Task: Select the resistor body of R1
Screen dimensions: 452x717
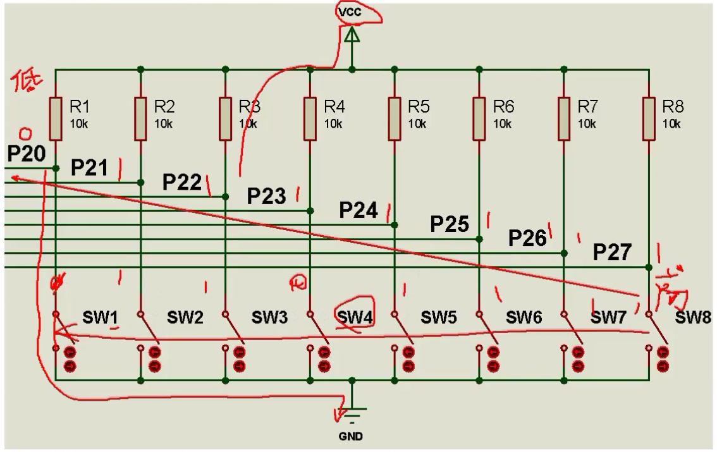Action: point(56,118)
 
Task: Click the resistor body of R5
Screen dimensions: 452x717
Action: point(395,118)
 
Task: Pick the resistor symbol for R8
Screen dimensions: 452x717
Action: point(649,118)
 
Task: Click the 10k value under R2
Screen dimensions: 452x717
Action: point(164,123)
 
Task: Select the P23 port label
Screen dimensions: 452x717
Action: point(266,196)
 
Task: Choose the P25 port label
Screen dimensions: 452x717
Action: point(450,224)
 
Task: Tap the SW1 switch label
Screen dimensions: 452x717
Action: point(101,317)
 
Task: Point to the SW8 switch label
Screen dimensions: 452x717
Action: point(692,317)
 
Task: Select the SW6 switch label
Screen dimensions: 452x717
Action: point(523,317)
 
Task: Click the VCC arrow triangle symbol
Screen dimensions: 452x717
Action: point(352,39)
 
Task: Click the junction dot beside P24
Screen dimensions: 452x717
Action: point(395,224)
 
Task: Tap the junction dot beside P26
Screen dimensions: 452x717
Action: point(564,253)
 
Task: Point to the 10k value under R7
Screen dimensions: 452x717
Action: point(587,123)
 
